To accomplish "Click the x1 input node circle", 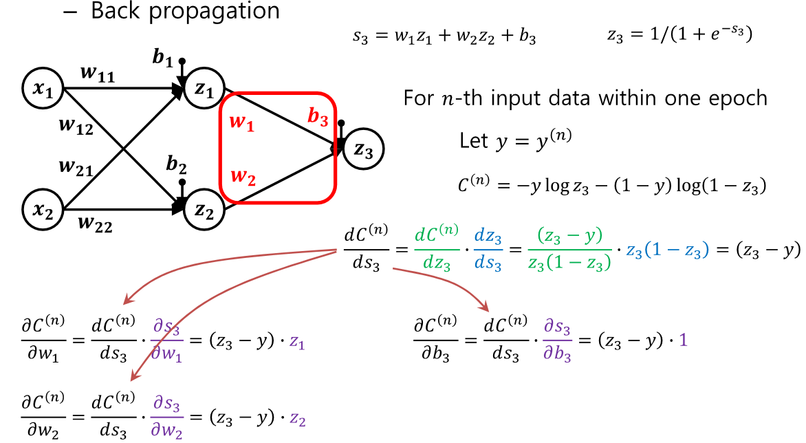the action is point(43,88).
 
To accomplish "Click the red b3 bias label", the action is point(318,118).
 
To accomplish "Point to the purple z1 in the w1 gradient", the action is point(296,342).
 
